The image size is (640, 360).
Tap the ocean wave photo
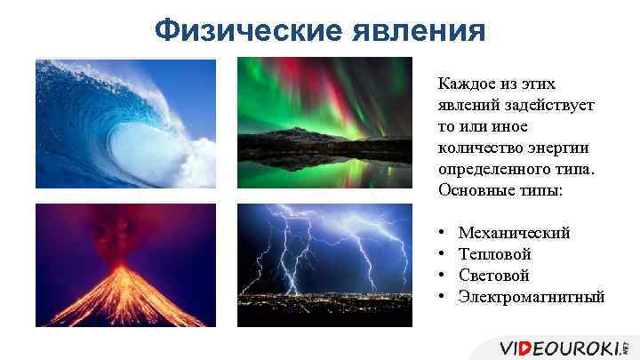pos(125,123)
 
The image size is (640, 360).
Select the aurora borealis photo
pos(324,123)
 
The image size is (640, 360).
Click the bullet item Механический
pos(514,233)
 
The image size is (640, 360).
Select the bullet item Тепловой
pos(494,254)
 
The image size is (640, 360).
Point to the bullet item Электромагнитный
pos(531,297)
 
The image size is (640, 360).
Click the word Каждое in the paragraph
pos(464,84)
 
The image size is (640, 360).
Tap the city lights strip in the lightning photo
pos(324,293)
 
